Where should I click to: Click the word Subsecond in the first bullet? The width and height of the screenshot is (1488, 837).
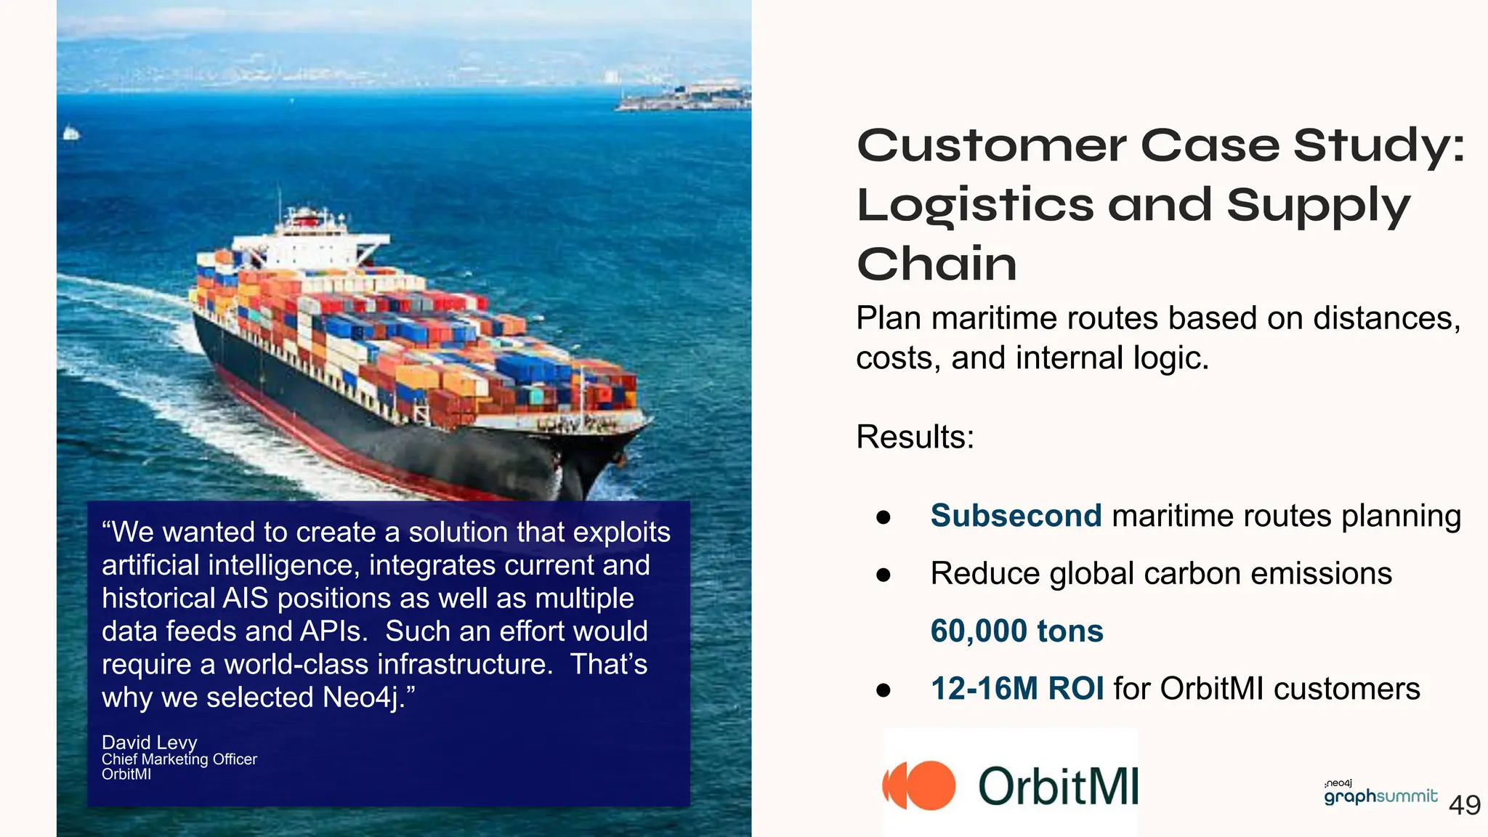click(1016, 516)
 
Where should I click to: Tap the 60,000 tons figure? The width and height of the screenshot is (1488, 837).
click(1016, 631)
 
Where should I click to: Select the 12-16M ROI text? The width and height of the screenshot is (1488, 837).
click(1016, 688)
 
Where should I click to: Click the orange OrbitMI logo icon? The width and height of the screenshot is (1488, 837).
click(919, 785)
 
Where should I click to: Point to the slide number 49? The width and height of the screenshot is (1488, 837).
click(1464, 805)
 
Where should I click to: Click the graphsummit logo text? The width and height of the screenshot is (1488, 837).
click(1380, 796)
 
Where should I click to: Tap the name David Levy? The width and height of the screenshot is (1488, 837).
click(149, 742)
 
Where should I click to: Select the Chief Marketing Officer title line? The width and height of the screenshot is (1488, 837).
click(179, 759)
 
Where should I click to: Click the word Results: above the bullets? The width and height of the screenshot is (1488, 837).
click(915, 437)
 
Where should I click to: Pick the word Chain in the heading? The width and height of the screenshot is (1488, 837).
click(937, 264)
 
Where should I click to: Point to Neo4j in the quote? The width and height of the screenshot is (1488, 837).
click(361, 697)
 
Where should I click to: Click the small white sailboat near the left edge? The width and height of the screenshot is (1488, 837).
click(70, 133)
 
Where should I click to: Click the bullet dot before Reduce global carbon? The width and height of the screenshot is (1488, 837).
click(883, 575)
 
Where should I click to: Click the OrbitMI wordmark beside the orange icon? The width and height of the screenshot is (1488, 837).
click(1057, 786)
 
